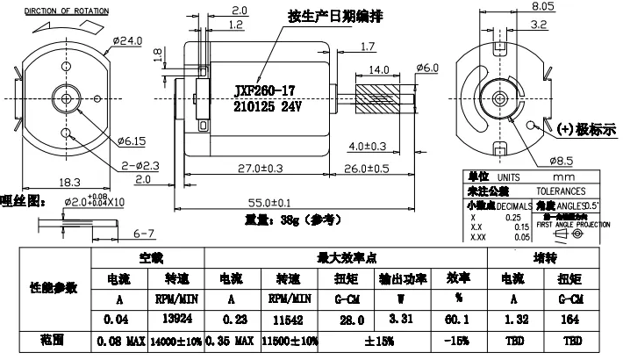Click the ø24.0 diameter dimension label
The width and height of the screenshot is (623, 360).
127,41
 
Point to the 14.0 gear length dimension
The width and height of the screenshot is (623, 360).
378,69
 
